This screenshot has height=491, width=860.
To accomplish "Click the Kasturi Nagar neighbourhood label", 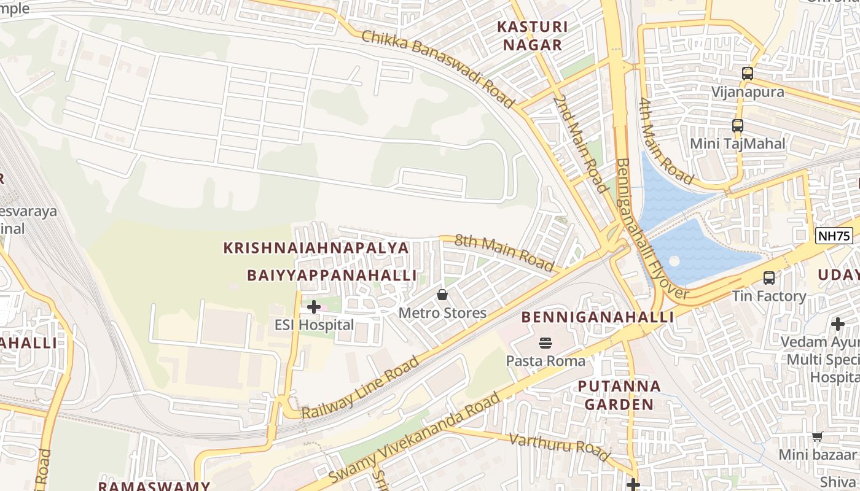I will click(532, 36).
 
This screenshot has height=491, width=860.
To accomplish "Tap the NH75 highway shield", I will click(834, 236).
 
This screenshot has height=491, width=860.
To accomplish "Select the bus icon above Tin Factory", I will click(768, 278).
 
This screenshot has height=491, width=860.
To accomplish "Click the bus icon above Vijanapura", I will click(747, 74).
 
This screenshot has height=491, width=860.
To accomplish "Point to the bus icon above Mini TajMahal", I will click(738, 126).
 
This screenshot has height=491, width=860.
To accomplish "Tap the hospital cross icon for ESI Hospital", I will click(313, 306).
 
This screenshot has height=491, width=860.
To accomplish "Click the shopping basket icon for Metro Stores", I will click(442, 295).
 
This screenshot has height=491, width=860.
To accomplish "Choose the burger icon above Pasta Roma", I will click(545, 342).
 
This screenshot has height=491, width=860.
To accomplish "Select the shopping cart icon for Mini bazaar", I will click(817, 437).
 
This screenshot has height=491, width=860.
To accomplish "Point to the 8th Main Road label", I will click(504, 252).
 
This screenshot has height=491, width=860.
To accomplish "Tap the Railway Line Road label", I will click(360, 387).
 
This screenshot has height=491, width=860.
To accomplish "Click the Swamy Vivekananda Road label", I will click(415, 438).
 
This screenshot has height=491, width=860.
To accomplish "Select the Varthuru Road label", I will click(560, 446).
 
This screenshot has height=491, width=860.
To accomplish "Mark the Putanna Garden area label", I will click(619, 395).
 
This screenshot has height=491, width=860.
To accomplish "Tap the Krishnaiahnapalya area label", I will click(316, 248).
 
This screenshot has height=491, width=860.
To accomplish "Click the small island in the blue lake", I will click(674, 260).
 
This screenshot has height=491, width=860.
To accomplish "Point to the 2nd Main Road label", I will click(579, 142).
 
